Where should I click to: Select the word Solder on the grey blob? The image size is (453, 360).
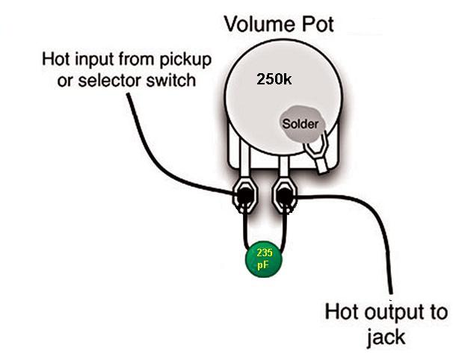pos(301,123)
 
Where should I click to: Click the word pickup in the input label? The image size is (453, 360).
pos(183,58)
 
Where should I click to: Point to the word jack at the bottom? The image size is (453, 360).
pos(386,336)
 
